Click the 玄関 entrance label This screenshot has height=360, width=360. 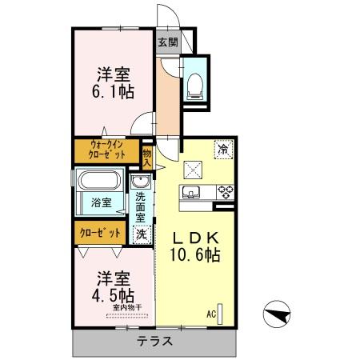pos(167,42)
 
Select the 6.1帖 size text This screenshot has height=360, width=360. pos(114,93)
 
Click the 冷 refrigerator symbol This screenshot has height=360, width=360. pos(222,149)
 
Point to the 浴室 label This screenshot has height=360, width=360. pos(101,202)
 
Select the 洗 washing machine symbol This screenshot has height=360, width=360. pos(141,234)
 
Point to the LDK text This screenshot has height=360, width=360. pos(196,238)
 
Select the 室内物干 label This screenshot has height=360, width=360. pos(126,307)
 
